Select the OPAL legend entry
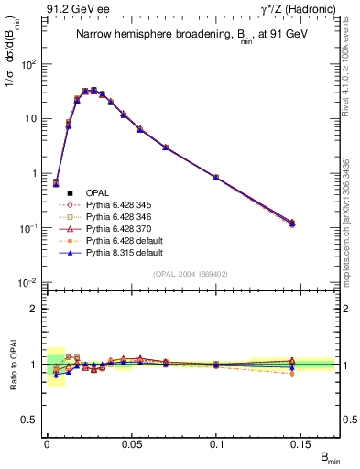96,192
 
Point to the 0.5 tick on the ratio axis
34,419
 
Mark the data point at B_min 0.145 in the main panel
292,223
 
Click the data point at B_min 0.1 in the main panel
216,177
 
